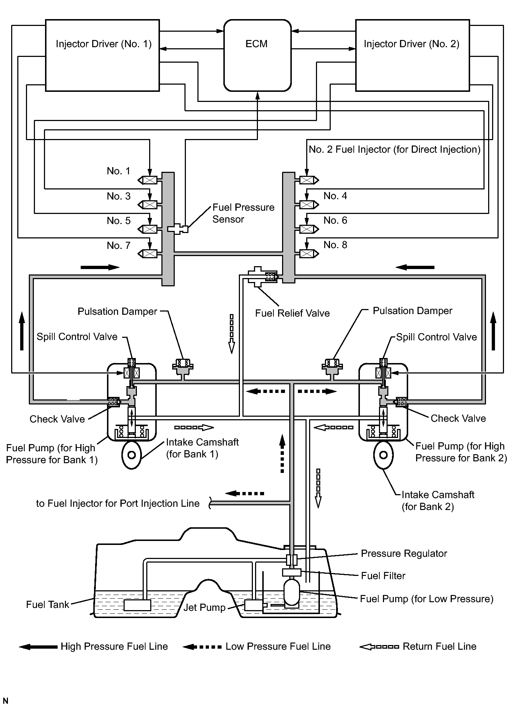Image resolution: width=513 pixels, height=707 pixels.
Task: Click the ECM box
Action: [x=257, y=55]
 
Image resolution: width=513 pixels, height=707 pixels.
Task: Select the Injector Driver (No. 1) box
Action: [x=102, y=55]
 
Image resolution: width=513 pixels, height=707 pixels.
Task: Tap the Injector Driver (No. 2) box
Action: [x=412, y=55]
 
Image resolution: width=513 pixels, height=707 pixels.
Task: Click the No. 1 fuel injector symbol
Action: [x=147, y=180]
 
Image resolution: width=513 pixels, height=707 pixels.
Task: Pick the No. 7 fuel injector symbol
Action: [x=147, y=254]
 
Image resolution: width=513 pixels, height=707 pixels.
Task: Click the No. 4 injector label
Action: [x=335, y=196]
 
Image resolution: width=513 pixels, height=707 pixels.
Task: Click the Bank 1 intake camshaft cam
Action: [x=132, y=455]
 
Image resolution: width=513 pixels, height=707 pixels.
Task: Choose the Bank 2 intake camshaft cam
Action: [x=384, y=455]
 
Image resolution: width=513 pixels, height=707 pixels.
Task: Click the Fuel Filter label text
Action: [x=383, y=576]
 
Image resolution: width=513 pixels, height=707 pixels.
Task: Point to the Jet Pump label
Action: [x=204, y=608]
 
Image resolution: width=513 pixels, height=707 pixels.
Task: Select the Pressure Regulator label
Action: [x=404, y=554]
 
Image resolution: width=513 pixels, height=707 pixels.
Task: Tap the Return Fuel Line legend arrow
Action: [x=379, y=647]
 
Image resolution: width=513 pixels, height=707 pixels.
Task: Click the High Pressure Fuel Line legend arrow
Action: [x=38, y=647]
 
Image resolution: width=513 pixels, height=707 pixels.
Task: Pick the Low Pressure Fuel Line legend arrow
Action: [x=202, y=647]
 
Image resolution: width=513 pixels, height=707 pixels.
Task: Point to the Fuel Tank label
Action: [x=47, y=605]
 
